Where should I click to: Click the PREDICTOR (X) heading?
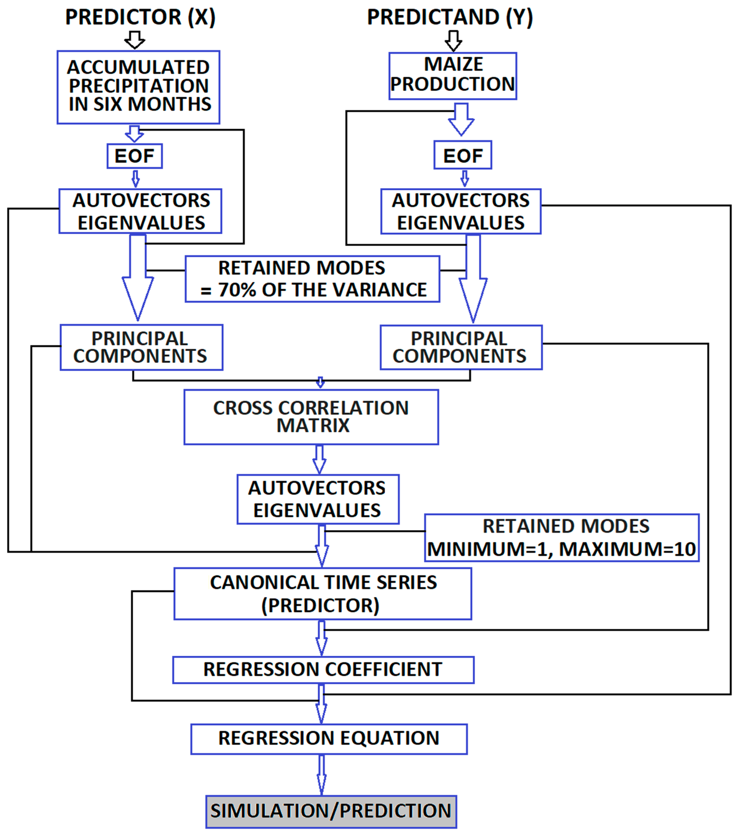[x=140, y=17]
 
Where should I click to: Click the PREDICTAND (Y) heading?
[x=450, y=17]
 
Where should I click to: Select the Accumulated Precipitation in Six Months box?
[x=139, y=87]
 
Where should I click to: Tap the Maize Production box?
[x=453, y=76]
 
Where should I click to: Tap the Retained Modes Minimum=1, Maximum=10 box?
[x=562, y=538]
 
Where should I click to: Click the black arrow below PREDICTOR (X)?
[x=134, y=40]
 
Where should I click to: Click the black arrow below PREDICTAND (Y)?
[x=453, y=40]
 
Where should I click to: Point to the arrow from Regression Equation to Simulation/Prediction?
[x=322, y=774]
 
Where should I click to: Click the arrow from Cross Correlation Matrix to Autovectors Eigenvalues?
[x=320, y=459]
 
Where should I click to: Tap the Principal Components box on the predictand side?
[x=461, y=347]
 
